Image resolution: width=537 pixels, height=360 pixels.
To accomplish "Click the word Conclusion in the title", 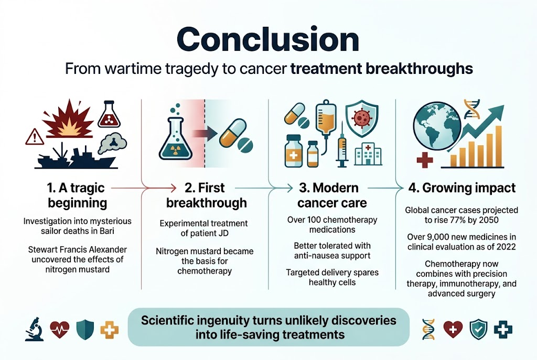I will [x=268, y=39].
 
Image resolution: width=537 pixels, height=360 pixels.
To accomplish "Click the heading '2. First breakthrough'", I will [x=206, y=195].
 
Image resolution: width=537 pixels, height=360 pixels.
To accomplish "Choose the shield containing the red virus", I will [x=362, y=118].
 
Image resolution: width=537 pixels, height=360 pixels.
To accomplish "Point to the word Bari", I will [x=123, y=232].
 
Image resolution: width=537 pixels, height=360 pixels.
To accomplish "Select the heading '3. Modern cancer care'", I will [x=329, y=195].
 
